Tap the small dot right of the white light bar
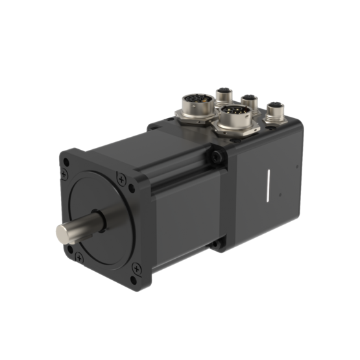(279, 194)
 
